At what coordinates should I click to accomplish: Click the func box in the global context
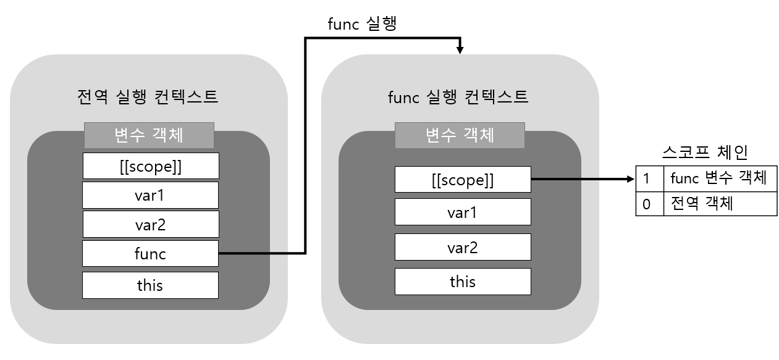[150, 253]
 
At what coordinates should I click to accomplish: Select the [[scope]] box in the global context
[150, 166]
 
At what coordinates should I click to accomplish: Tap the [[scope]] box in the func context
[462, 180]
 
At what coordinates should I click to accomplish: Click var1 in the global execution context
[150, 195]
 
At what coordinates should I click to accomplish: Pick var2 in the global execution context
[150, 224]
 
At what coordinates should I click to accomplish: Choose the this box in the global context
[150, 285]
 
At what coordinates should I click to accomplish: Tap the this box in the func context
[462, 282]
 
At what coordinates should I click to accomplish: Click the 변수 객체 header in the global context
[149, 135]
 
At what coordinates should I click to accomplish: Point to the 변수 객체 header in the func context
[460, 135]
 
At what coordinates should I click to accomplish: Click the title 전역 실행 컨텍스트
[148, 96]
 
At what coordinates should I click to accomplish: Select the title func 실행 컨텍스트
[458, 96]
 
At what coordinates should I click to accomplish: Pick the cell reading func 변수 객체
[719, 179]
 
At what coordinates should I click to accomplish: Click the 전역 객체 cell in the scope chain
[719, 204]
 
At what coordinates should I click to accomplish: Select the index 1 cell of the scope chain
[649, 179]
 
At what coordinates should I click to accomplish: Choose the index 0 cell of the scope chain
[649, 204]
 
